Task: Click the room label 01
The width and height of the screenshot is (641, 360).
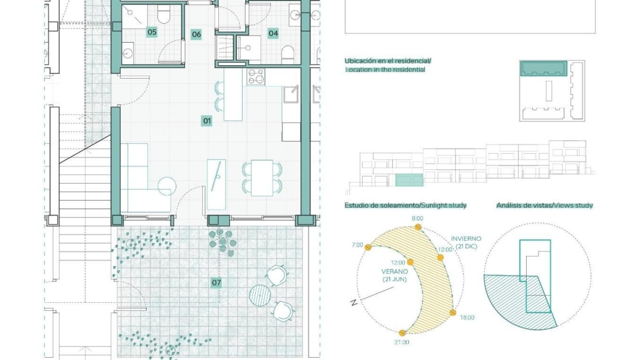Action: (207, 121)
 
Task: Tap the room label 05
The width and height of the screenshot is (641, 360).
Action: (152, 32)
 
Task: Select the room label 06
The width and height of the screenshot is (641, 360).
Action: (196, 34)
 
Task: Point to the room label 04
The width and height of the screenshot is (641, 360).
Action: (273, 33)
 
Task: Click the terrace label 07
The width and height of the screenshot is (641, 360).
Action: (216, 282)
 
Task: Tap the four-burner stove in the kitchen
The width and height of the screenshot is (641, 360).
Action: (256, 77)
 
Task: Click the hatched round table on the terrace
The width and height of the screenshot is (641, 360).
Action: (260, 295)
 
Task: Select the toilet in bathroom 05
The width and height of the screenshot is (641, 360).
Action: (163, 16)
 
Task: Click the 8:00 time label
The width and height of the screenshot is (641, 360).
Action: (418, 218)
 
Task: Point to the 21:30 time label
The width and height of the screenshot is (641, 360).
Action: (401, 342)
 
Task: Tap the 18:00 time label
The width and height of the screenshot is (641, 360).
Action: (467, 317)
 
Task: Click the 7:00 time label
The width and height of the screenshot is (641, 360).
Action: (357, 245)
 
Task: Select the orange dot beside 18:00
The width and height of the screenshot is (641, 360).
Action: (453, 313)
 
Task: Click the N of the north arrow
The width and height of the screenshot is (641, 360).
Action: (354, 303)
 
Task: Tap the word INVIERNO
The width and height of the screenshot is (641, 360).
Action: (466, 239)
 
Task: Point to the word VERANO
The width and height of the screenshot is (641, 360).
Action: (394, 271)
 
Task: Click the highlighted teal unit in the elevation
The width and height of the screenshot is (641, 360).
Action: (409, 180)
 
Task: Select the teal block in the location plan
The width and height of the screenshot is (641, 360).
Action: (544, 69)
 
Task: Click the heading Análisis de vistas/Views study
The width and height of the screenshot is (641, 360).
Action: (545, 205)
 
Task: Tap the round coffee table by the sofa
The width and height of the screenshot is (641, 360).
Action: (167, 186)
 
